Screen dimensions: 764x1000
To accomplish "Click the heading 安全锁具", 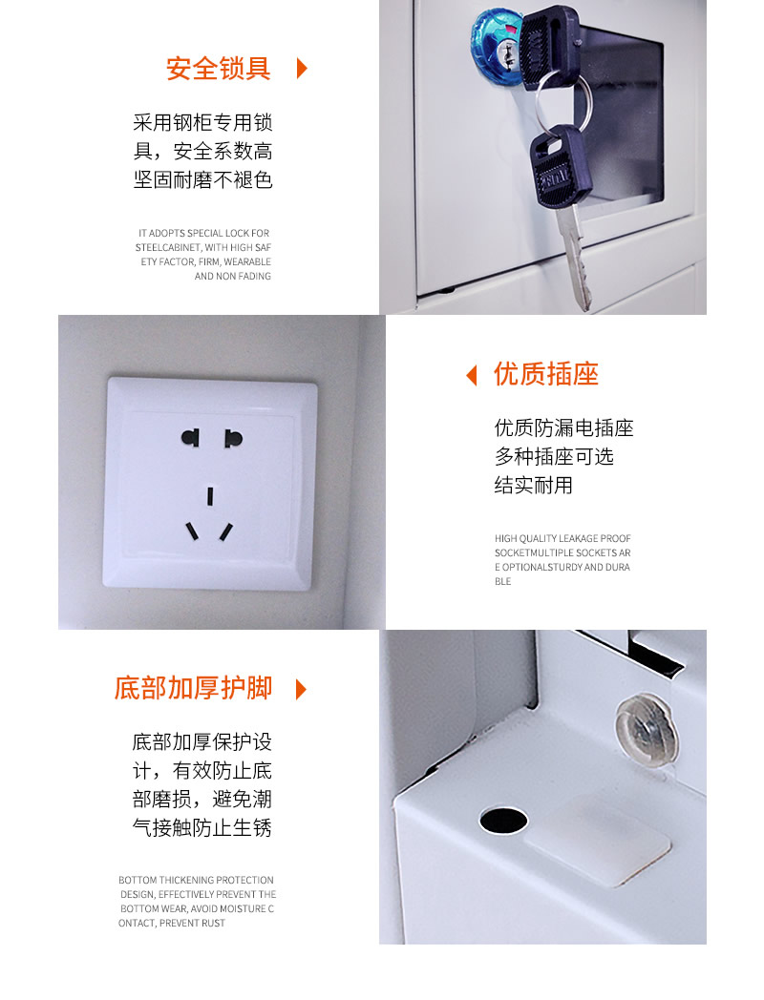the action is tap(219, 69).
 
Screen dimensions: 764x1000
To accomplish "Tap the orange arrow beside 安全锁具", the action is tap(302, 69).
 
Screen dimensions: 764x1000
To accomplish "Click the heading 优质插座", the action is tap(545, 374).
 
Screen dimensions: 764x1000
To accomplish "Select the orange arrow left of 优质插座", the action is tap(472, 375).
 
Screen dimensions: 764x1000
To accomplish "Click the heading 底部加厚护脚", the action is tap(194, 688).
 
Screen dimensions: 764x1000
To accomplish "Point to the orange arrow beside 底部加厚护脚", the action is tap(301, 690).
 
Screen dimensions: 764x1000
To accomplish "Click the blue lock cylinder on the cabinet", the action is tap(496, 46).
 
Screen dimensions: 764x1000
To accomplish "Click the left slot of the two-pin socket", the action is tap(190, 437).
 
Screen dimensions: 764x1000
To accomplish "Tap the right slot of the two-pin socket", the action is tap(233, 438).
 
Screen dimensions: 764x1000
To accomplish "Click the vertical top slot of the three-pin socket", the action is tap(210, 496).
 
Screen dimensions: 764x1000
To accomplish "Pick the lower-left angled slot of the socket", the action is tap(192, 531).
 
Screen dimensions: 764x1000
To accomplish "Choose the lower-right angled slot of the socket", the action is tap(226, 531).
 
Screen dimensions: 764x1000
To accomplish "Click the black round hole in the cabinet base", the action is tap(503, 821).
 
